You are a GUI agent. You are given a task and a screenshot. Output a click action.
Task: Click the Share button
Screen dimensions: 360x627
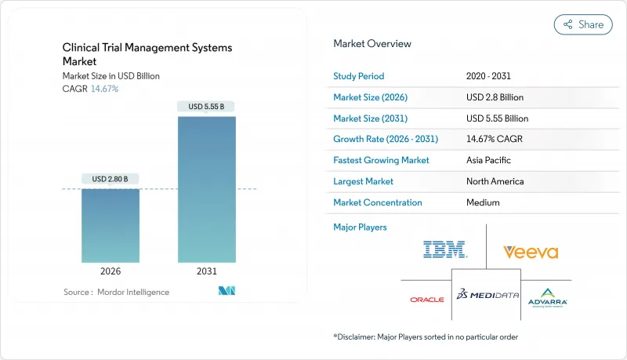(583, 24)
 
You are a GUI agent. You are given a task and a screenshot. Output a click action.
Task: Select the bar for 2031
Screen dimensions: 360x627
(206, 189)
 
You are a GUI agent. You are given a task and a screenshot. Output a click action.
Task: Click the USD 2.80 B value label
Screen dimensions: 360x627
(111, 179)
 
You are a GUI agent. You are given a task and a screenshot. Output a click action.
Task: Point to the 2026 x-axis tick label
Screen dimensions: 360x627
(111, 271)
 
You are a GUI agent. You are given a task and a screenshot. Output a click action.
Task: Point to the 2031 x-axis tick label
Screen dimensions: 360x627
(206, 271)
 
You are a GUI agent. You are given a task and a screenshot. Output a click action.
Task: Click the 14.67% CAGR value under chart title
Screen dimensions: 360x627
(106, 89)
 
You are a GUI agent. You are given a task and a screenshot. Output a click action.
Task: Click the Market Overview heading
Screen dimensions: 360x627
(372, 44)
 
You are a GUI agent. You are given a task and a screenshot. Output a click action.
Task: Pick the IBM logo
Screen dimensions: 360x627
(444, 250)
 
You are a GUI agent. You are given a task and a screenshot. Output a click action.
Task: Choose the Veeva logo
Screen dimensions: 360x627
(531, 252)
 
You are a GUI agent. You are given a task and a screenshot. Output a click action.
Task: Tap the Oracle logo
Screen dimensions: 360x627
(426, 299)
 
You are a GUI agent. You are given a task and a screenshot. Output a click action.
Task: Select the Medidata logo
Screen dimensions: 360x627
(487, 296)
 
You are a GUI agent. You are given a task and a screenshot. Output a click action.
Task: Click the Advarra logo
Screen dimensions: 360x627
(546, 299)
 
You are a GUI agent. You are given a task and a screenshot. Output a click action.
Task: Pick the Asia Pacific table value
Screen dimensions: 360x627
(489, 160)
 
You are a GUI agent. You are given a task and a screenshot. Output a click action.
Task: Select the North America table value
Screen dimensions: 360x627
(495, 181)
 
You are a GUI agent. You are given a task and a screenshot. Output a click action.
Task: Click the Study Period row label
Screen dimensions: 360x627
(359, 76)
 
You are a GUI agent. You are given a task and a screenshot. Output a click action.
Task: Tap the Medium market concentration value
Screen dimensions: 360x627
(484, 202)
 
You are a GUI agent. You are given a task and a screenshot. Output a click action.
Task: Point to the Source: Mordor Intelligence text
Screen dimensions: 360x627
(116, 292)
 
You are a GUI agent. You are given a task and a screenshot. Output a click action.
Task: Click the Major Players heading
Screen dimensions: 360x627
(361, 227)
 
